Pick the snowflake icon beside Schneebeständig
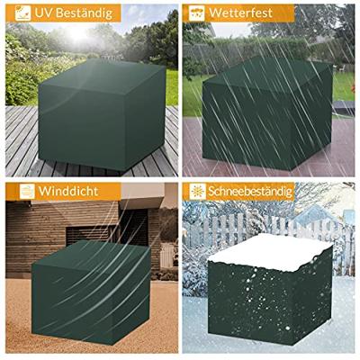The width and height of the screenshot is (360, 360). click(x=197, y=193)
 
